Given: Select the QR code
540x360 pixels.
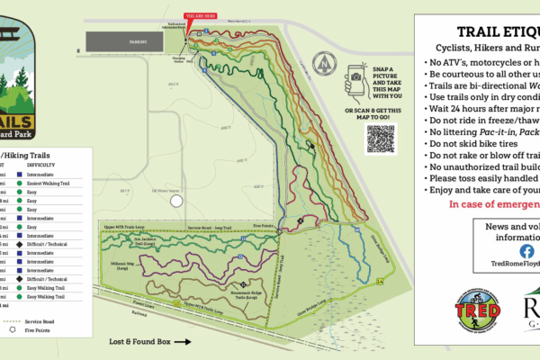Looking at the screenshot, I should pos(381,139).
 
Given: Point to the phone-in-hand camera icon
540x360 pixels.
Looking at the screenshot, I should pos(354,81).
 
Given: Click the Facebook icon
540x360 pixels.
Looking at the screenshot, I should pos(526,251).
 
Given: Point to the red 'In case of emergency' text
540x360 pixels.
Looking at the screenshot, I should pos(485,204).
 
